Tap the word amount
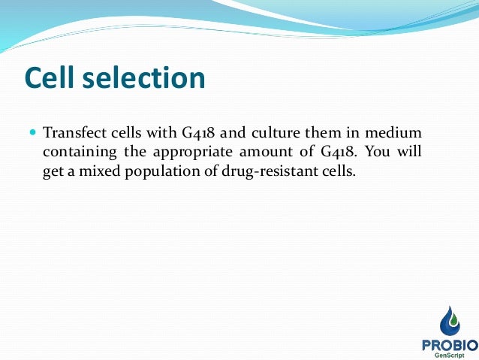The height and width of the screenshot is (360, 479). (x=270, y=153)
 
